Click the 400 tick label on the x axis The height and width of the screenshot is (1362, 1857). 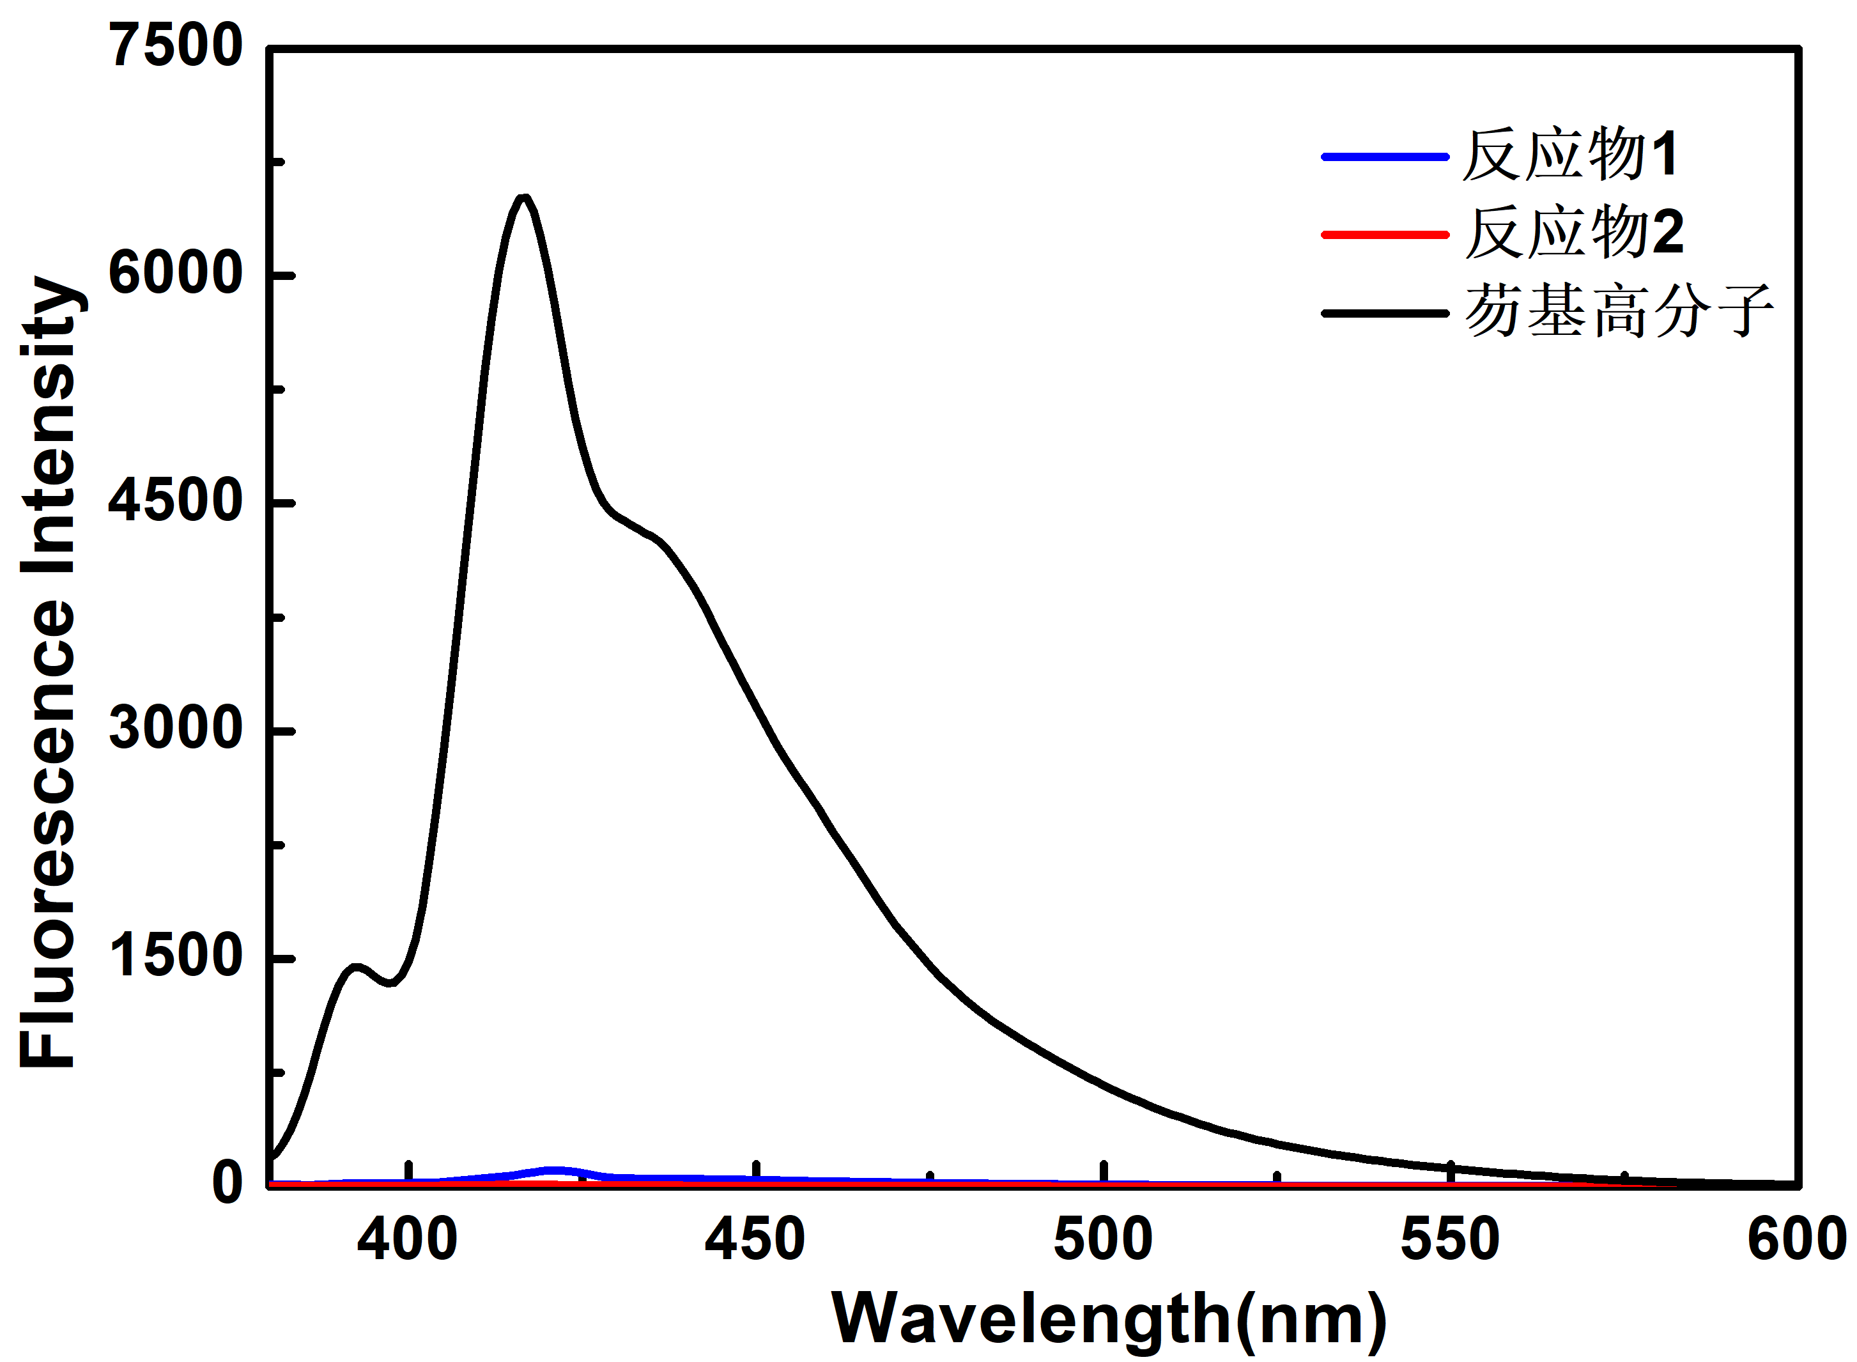coord(407,1240)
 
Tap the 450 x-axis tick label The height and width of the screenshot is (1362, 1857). coord(755,1240)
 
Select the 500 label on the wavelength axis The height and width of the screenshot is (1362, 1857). coord(1103,1240)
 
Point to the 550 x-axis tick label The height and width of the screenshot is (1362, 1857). coord(1451,1240)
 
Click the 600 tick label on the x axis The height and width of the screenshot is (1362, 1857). coord(1797,1240)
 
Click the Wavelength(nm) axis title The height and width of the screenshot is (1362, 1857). coord(1109,1319)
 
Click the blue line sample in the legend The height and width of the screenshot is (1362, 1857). coord(1385,156)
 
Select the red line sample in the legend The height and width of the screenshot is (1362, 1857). coord(1385,235)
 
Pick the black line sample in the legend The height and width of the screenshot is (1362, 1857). coord(1385,313)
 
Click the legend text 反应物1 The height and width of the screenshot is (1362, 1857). coord(1570,155)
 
